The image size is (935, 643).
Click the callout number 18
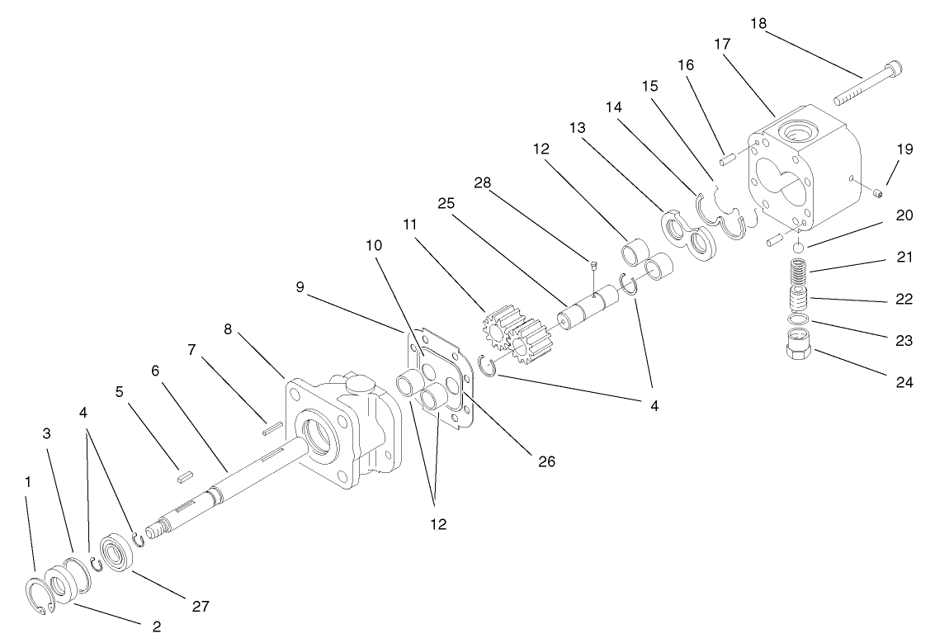[758, 23]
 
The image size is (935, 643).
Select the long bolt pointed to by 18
[867, 84]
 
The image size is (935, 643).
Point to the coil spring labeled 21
[797, 272]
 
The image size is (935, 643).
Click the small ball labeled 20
[798, 248]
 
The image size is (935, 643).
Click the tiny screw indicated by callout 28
[593, 266]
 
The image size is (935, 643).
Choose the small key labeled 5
[186, 475]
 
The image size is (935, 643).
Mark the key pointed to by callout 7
[272, 428]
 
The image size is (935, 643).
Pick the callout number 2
[157, 626]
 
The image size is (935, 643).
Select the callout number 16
[685, 65]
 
